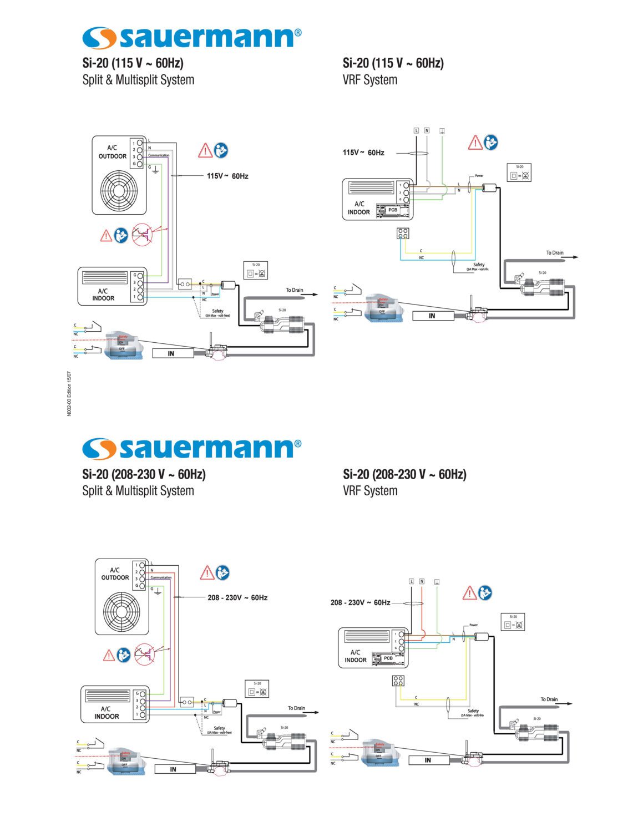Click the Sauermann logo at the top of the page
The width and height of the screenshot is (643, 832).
click(x=191, y=37)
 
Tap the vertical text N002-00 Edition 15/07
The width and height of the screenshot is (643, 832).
click(x=69, y=393)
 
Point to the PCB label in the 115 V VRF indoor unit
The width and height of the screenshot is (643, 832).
click(x=393, y=210)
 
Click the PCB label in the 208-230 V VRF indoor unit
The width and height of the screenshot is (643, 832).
click(x=388, y=658)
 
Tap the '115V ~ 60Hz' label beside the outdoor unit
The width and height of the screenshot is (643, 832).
click(x=227, y=176)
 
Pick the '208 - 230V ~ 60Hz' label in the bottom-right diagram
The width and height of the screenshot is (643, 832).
click(x=360, y=602)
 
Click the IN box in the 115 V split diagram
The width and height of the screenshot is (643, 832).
click(x=172, y=353)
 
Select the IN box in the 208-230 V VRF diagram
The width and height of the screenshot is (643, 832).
click(x=428, y=760)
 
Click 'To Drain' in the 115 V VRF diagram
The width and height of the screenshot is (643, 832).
click(x=554, y=253)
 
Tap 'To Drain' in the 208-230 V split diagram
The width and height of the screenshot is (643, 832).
click(x=296, y=708)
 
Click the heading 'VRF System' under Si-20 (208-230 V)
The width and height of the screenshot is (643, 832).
click(x=370, y=490)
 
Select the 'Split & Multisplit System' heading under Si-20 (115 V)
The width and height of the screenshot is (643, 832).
click(x=138, y=80)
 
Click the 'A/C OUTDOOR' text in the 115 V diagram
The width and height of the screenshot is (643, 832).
click(x=113, y=152)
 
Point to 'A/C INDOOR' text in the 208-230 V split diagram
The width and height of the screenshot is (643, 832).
click(x=107, y=713)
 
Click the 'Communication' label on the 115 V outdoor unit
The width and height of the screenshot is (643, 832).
click(x=159, y=155)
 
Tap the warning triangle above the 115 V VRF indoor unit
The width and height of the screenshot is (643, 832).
click(x=475, y=143)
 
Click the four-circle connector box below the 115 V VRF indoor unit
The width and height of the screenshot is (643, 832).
click(x=403, y=233)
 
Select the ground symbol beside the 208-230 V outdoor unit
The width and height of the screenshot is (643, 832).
click(x=158, y=591)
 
